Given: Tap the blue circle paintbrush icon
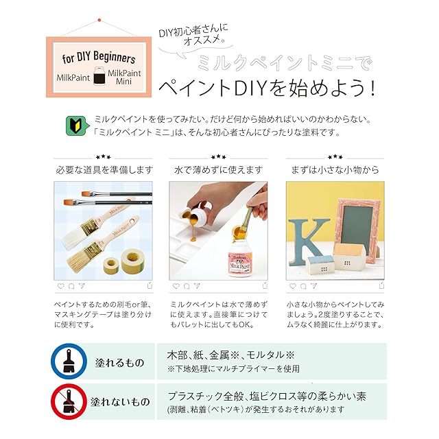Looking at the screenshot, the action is [69, 361].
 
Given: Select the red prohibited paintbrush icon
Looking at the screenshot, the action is [69, 402].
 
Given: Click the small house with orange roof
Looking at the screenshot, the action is [350, 257].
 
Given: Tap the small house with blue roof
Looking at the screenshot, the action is [321, 265].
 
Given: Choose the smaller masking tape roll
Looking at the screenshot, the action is [111, 265].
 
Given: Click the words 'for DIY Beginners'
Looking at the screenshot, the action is [99, 57].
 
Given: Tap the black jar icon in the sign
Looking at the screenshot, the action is [99, 75].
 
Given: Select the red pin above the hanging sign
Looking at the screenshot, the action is [99, 20].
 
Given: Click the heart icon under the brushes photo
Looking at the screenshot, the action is [60, 286].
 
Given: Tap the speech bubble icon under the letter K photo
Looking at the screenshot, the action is [303, 286].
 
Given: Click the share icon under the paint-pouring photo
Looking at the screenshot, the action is [265, 285].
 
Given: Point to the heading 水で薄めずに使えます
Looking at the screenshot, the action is [218, 170].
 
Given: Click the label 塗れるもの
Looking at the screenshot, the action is [120, 363].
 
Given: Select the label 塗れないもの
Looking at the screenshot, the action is [121, 402].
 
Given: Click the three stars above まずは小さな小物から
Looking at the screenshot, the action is [335, 157].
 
